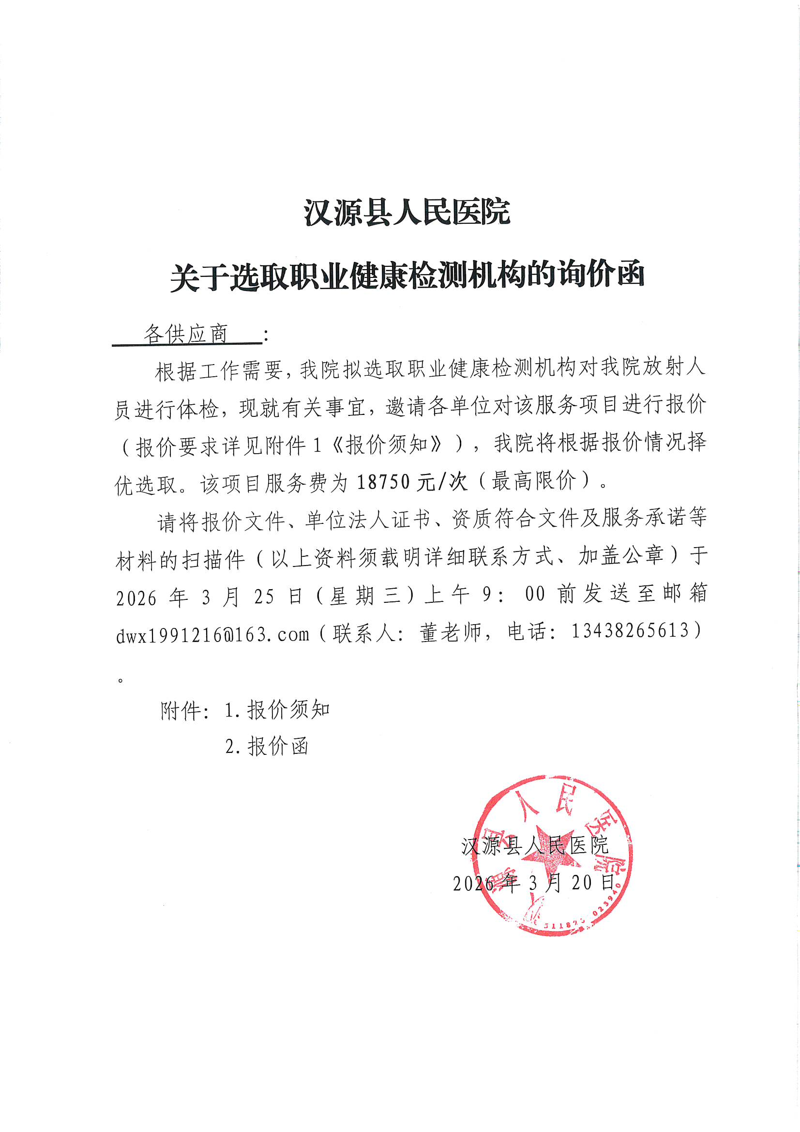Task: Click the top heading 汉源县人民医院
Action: pyautogui.click(x=407, y=213)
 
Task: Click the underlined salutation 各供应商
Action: pyautogui.click(x=186, y=334)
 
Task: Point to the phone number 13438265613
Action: pyautogui.click(x=630, y=630)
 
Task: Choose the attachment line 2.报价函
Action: pyautogui.click(x=267, y=747)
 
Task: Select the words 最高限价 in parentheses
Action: pyautogui.click(x=534, y=481)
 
